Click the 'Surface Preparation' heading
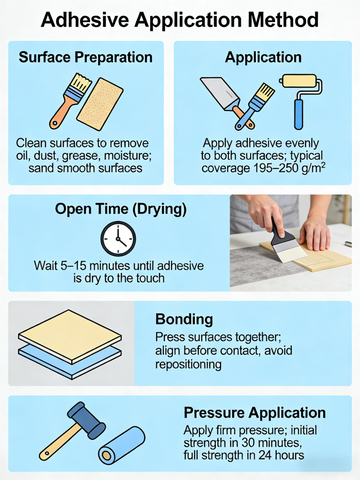click(x=85, y=57)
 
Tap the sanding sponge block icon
click(x=100, y=104)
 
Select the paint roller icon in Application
click(x=301, y=101)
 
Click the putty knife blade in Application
click(x=220, y=92)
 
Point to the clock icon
click(x=118, y=238)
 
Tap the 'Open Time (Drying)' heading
click(x=121, y=209)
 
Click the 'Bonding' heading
click(x=184, y=319)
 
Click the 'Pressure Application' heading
click(x=255, y=413)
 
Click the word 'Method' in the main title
click(x=283, y=20)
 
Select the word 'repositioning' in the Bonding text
click(x=188, y=364)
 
